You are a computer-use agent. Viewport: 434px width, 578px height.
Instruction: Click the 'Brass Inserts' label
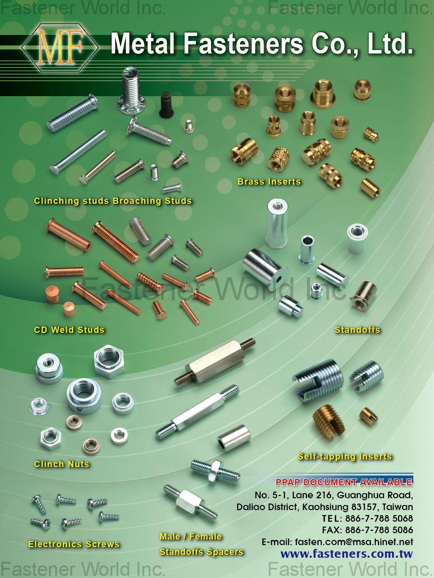pos(269,181)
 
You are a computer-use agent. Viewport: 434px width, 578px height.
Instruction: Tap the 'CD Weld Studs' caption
pos(69,330)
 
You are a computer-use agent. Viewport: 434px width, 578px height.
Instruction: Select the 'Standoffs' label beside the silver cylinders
pos(357,330)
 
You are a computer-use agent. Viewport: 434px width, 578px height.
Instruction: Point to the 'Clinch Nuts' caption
pos(62,464)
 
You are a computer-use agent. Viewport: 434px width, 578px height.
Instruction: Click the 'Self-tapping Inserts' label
pos(345,456)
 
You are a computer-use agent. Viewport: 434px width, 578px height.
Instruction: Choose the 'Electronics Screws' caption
pos(74,544)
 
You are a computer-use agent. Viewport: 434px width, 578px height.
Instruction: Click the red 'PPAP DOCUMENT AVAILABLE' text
pos(344,483)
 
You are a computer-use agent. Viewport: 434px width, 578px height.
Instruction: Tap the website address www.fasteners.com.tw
pos(347,554)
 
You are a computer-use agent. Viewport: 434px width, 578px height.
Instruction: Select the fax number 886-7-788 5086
pos(379,530)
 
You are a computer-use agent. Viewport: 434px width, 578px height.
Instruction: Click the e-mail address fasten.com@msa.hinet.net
pos(354,542)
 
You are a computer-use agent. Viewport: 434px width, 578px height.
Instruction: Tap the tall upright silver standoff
pos(276,224)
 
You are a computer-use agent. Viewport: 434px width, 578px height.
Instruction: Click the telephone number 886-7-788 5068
pos(379,518)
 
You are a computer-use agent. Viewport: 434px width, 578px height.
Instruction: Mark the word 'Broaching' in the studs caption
pos(137,201)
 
